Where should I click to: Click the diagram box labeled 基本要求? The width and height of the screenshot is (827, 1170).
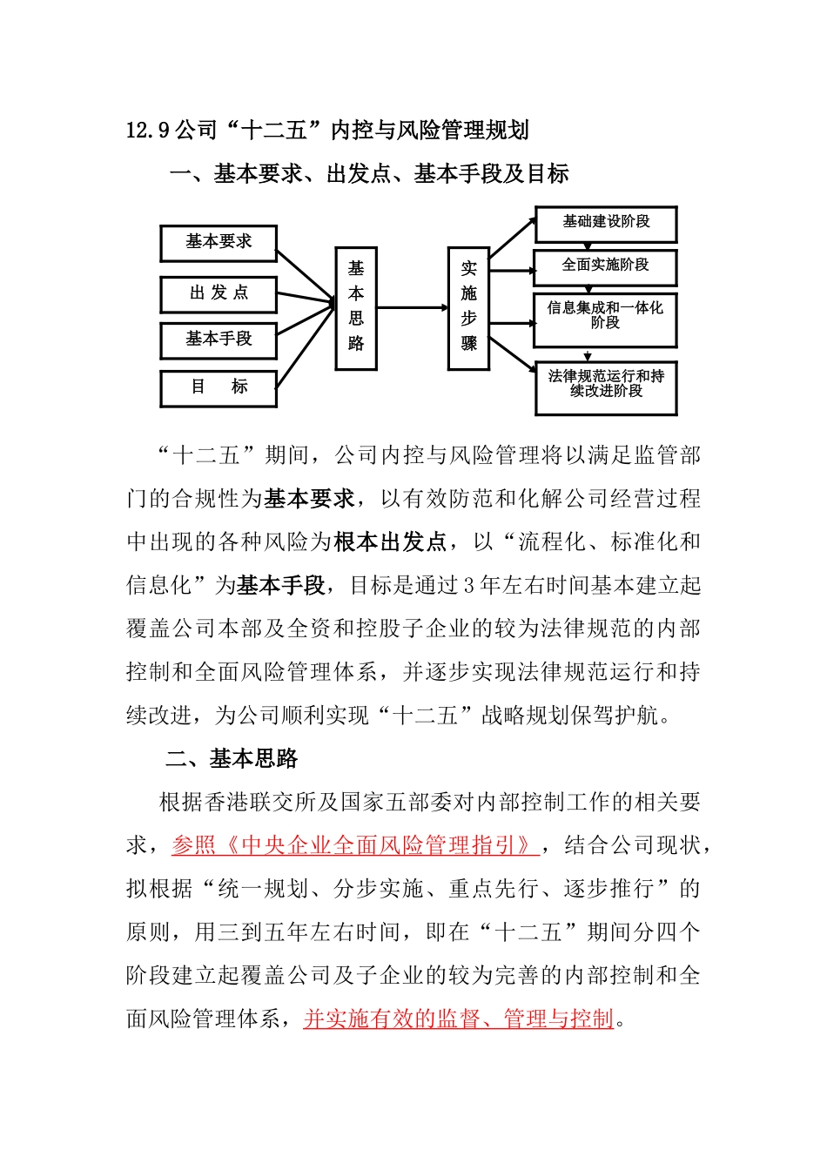click(x=219, y=243)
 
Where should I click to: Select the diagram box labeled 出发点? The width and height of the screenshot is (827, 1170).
click(x=219, y=294)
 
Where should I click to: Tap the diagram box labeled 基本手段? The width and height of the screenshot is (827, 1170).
click(x=219, y=340)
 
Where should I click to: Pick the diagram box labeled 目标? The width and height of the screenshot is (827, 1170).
click(x=219, y=387)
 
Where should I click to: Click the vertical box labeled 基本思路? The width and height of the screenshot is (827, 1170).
click(x=356, y=308)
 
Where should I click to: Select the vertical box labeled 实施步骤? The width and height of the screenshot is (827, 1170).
click(x=468, y=308)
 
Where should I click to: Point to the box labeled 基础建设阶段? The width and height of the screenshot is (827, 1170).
click(x=606, y=224)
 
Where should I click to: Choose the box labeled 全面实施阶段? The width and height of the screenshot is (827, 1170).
click(x=606, y=266)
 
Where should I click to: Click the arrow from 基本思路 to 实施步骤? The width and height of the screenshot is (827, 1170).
click(x=412, y=307)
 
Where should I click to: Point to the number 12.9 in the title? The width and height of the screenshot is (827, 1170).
click(x=148, y=131)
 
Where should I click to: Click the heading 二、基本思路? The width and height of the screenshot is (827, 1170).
click(x=232, y=759)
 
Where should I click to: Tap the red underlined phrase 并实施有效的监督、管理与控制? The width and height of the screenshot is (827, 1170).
click(x=459, y=1019)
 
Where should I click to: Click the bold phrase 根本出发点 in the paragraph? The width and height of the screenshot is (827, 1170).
click(x=390, y=542)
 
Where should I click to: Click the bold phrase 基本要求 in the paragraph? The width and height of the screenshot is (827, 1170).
click(x=310, y=499)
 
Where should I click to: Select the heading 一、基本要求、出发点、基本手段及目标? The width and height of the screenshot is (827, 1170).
click(x=369, y=175)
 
